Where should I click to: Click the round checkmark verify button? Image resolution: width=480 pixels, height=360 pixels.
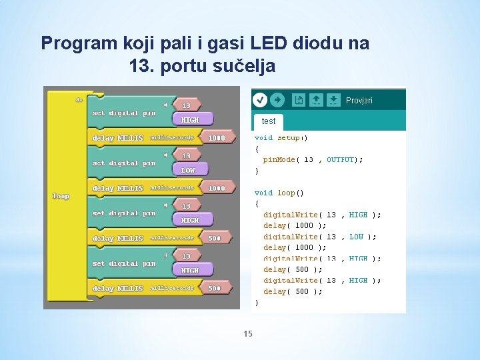(x=260, y=100)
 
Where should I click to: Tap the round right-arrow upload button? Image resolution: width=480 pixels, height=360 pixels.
(x=278, y=100)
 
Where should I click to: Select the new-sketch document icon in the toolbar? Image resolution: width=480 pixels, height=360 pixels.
(x=299, y=100)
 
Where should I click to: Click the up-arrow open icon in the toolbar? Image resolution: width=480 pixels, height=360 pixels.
(x=317, y=100)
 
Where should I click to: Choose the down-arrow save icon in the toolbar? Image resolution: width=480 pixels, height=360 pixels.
(x=334, y=100)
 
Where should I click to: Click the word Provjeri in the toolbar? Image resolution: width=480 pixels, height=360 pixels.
(x=359, y=101)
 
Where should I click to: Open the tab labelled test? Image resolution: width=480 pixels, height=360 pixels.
(x=269, y=121)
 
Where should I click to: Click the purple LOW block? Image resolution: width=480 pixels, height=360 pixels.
(x=189, y=170)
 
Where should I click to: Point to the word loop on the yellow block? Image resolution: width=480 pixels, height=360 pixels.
(x=61, y=196)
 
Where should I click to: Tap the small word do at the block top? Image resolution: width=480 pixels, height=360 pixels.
(x=79, y=99)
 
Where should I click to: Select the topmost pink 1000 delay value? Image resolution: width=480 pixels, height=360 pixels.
(x=217, y=138)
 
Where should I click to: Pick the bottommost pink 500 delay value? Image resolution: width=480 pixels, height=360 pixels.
(x=214, y=288)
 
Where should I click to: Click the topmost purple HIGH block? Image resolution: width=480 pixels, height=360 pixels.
(x=190, y=120)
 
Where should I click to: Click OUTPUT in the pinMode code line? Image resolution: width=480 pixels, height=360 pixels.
(x=340, y=160)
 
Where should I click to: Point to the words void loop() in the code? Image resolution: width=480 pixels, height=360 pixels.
(x=279, y=193)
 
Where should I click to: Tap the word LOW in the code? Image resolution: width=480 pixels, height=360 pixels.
(x=357, y=237)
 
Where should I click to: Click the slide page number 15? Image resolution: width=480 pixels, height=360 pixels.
(x=248, y=334)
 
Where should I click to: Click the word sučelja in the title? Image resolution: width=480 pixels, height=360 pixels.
(x=245, y=67)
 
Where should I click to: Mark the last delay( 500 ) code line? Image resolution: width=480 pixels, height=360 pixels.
(x=293, y=291)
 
